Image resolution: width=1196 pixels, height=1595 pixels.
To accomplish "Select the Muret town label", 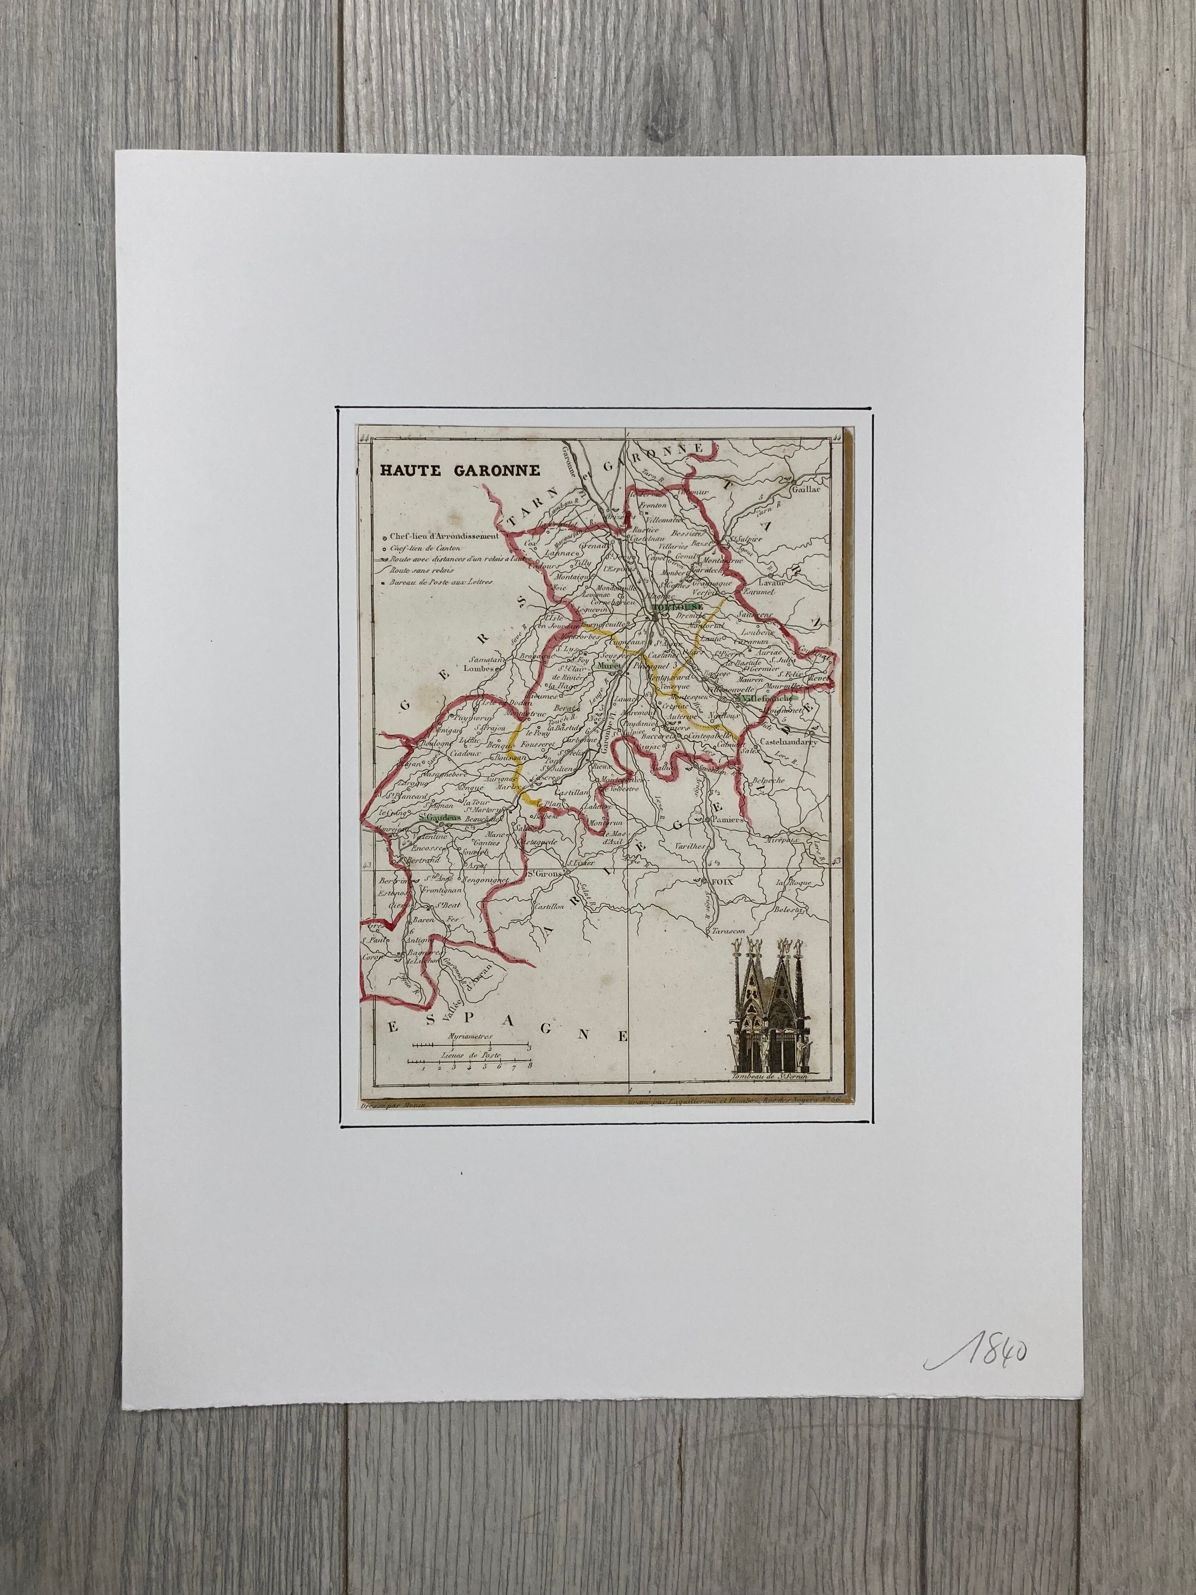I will (x=604, y=667).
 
